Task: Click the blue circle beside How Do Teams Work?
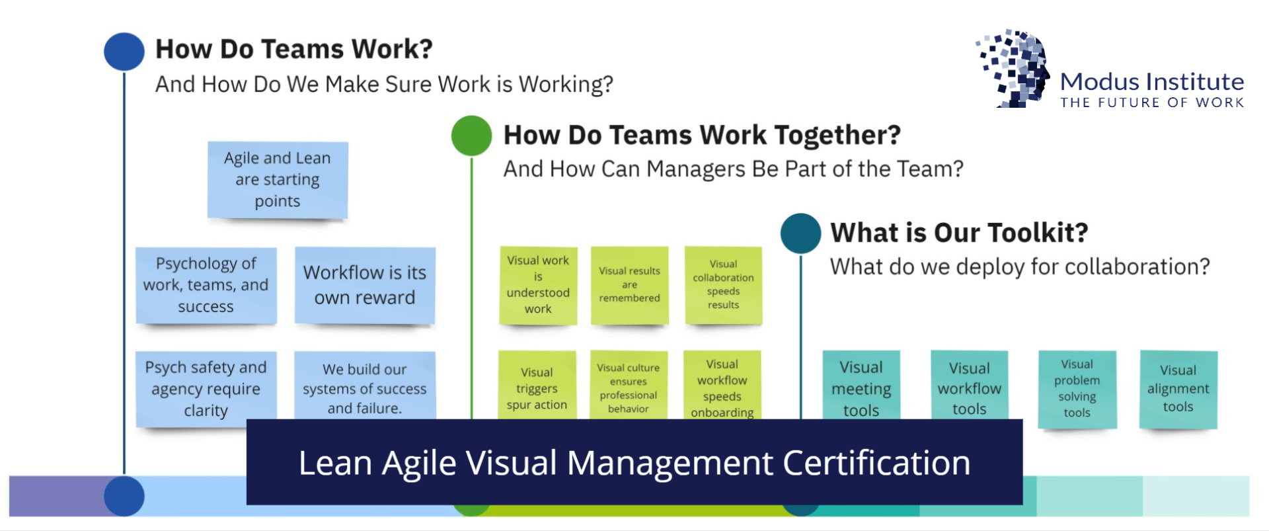coord(124,52)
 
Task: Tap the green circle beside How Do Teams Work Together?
coord(471,136)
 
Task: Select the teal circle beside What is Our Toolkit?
coord(800,233)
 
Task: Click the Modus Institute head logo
coord(1013,68)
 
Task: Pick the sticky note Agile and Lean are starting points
coord(278,180)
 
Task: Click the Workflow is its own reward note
coord(365,286)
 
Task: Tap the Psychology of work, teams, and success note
coord(206,286)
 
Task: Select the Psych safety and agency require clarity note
coord(206,389)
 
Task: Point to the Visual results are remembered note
coord(629,286)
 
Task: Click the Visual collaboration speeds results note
coord(723,285)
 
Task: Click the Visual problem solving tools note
coord(1077,389)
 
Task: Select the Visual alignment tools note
coord(1178,389)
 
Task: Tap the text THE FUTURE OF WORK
coord(1152,102)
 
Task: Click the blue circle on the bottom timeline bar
coord(124,496)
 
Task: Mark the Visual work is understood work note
coord(538,286)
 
